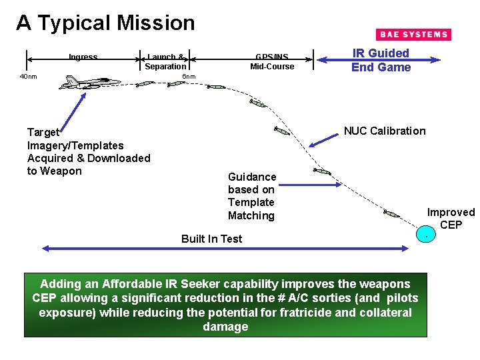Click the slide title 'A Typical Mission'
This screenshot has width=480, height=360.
(105, 23)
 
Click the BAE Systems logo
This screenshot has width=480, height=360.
(413, 35)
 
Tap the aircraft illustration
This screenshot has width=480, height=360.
(89, 83)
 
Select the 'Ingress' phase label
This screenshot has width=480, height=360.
(83, 57)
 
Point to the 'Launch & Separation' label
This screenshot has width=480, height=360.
(165, 62)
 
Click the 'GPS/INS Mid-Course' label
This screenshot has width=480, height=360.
(272, 62)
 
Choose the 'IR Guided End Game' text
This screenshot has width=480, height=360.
(381, 60)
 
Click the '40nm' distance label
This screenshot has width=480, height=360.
(28, 77)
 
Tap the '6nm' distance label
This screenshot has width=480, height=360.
(189, 77)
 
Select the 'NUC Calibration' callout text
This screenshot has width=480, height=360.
(384, 131)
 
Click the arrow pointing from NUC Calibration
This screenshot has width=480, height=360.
(325, 139)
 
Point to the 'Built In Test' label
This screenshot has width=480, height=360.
(211, 239)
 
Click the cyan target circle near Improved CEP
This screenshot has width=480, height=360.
(424, 235)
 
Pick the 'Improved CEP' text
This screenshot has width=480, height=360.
(451, 219)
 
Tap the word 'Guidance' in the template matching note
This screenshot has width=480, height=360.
(251, 177)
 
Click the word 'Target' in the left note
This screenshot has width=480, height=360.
(43, 132)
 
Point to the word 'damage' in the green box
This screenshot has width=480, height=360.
(225, 327)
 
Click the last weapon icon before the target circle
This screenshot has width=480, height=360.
(391, 213)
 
